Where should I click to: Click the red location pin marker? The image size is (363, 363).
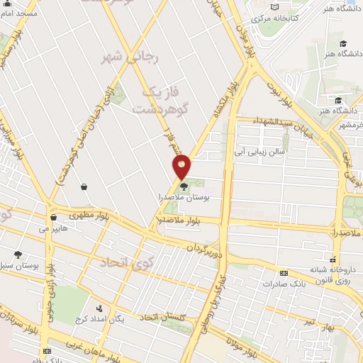coord(182,167)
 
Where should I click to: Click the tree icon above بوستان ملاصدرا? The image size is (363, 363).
coord(184,187)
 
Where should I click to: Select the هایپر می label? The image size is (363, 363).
coord(53,229)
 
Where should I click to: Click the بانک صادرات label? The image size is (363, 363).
coord(288,284)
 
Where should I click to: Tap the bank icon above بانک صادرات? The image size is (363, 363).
coord(284,273)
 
